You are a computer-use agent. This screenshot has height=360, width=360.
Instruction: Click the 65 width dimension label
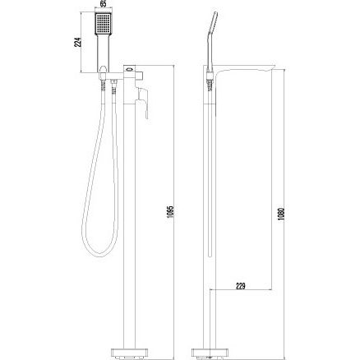pyautogui.click(x=103, y=4)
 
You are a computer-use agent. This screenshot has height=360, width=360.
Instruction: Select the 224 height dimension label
pyautogui.click(x=78, y=42)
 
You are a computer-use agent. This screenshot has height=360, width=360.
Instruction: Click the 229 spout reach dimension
pyautogui.click(x=241, y=286)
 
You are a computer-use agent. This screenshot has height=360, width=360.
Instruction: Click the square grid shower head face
pyautogui.click(x=104, y=24)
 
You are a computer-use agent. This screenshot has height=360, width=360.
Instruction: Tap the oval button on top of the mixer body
pyautogui.click(x=129, y=69)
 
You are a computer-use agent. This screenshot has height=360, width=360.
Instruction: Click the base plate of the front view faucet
pyautogui.click(x=129, y=352)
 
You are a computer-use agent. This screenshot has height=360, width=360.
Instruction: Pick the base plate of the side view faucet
pyautogui.click(x=210, y=352)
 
